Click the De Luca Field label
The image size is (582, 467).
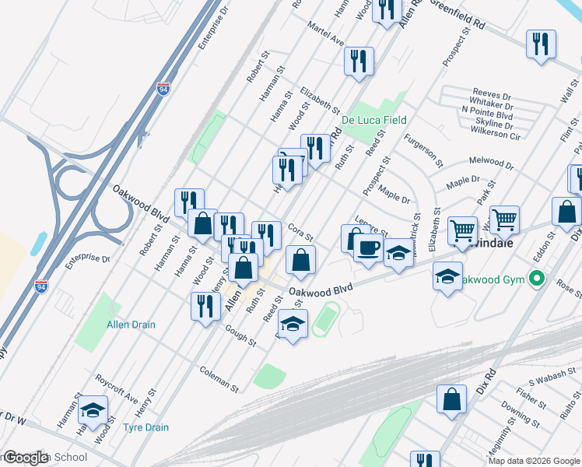[373, 119]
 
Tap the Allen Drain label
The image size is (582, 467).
[131, 325]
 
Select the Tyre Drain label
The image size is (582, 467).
[145, 427]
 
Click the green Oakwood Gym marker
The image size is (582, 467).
[535, 278]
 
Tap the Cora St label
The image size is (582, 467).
[300, 231]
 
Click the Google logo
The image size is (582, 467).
[25, 458]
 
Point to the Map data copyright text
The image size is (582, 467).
[534, 461]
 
